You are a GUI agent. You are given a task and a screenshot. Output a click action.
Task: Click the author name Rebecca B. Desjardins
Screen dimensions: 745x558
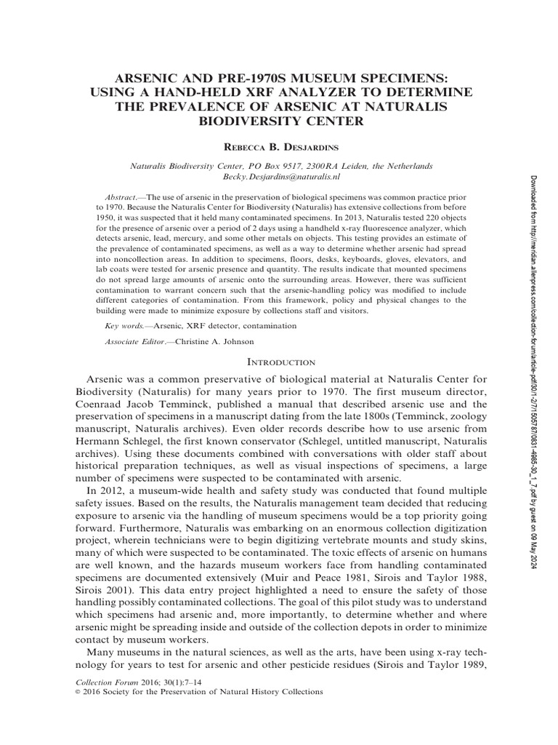[x=279, y=147]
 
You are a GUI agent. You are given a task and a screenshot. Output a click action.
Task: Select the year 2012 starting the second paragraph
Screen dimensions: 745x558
[x=112, y=492]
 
